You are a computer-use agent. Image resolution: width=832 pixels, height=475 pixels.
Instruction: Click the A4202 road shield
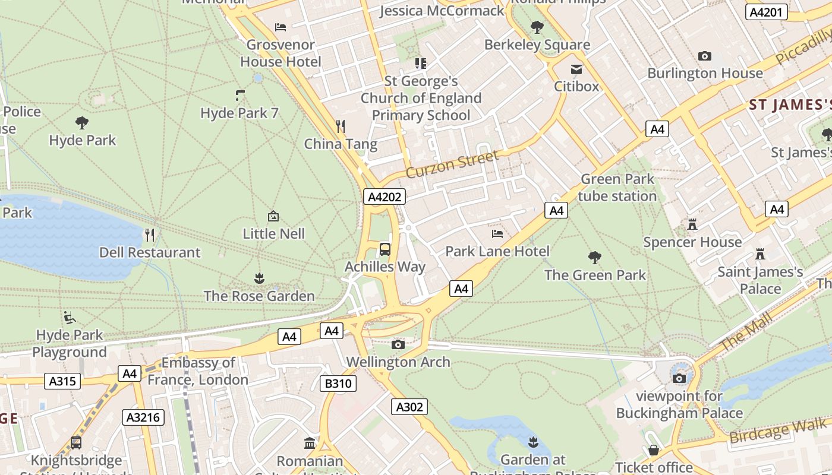(x=385, y=197)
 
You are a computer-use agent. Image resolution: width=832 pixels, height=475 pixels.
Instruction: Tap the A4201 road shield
(x=766, y=12)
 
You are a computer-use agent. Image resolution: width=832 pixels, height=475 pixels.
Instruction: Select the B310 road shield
(x=338, y=384)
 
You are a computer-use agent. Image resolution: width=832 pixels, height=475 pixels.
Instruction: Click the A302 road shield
(x=409, y=407)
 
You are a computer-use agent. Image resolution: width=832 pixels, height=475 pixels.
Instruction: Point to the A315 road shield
(x=62, y=381)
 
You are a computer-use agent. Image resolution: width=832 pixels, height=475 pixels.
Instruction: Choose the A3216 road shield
(x=143, y=417)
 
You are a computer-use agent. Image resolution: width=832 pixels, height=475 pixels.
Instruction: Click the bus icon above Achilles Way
(x=385, y=249)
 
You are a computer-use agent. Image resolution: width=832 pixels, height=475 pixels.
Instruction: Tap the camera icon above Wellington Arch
(x=398, y=344)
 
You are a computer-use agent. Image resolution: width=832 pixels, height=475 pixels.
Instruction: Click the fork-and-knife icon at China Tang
(x=341, y=126)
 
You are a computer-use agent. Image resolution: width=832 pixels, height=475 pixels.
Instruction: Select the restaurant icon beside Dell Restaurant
(x=150, y=235)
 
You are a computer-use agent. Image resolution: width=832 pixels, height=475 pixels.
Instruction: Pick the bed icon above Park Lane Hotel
(x=497, y=233)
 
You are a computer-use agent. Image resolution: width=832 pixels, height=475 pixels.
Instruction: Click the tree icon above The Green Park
(x=594, y=257)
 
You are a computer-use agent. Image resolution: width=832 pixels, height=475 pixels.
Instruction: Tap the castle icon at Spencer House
(x=692, y=224)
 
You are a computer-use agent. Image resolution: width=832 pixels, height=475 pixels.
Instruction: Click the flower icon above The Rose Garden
(x=259, y=278)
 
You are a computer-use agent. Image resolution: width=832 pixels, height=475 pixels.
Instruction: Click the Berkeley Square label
(x=537, y=45)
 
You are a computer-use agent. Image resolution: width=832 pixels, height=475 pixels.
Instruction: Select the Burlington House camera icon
(x=705, y=56)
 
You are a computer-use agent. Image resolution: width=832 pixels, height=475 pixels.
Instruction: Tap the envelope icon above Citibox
(x=576, y=69)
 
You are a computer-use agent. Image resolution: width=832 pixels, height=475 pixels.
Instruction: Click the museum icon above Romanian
(x=310, y=443)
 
